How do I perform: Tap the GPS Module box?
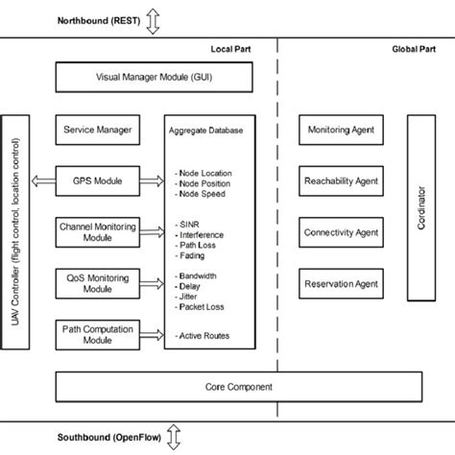coord(96,180)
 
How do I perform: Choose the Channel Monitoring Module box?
coord(96,231)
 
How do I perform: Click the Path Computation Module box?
coord(96,333)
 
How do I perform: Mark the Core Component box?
coord(238,387)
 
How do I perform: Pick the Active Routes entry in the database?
coord(204,335)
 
